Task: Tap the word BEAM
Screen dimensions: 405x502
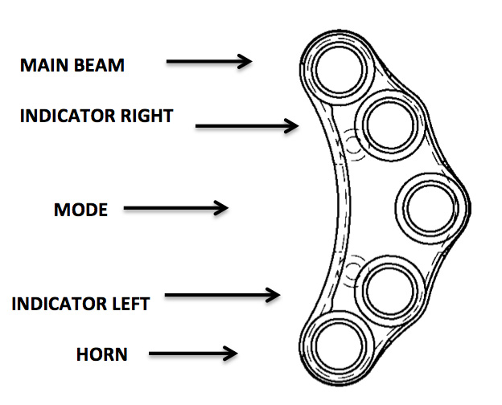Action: click(99, 65)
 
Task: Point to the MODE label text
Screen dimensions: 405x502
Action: click(80, 211)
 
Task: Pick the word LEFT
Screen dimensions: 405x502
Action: click(130, 304)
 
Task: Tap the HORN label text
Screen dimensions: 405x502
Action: click(102, 353)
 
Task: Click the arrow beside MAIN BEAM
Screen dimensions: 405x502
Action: click(209, 61)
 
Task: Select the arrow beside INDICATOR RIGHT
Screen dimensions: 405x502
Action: click(247, 125)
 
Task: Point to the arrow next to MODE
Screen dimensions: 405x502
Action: click(176, 208)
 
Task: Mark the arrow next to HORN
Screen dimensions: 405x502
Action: click(194, 352)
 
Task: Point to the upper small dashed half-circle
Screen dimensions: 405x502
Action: click(352, 142)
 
